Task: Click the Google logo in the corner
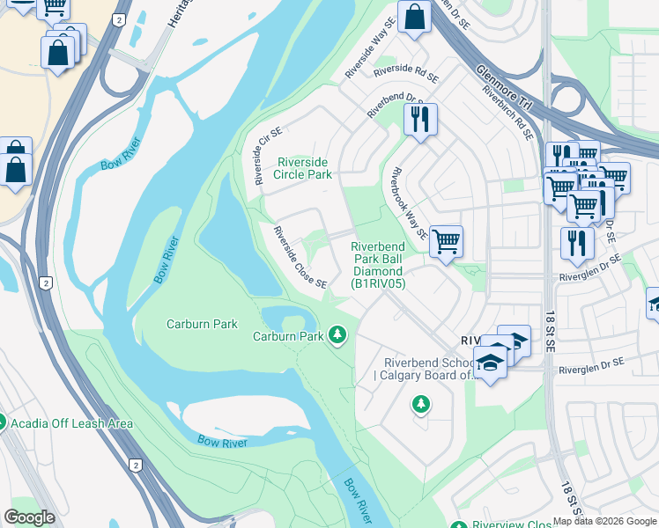click(30, 517)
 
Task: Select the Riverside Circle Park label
click(303, 168)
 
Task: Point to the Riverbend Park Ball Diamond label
click(378, 265)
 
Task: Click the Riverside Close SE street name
click(300, 258)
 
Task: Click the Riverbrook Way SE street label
click(410, 203)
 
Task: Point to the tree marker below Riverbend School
click(421, 404)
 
